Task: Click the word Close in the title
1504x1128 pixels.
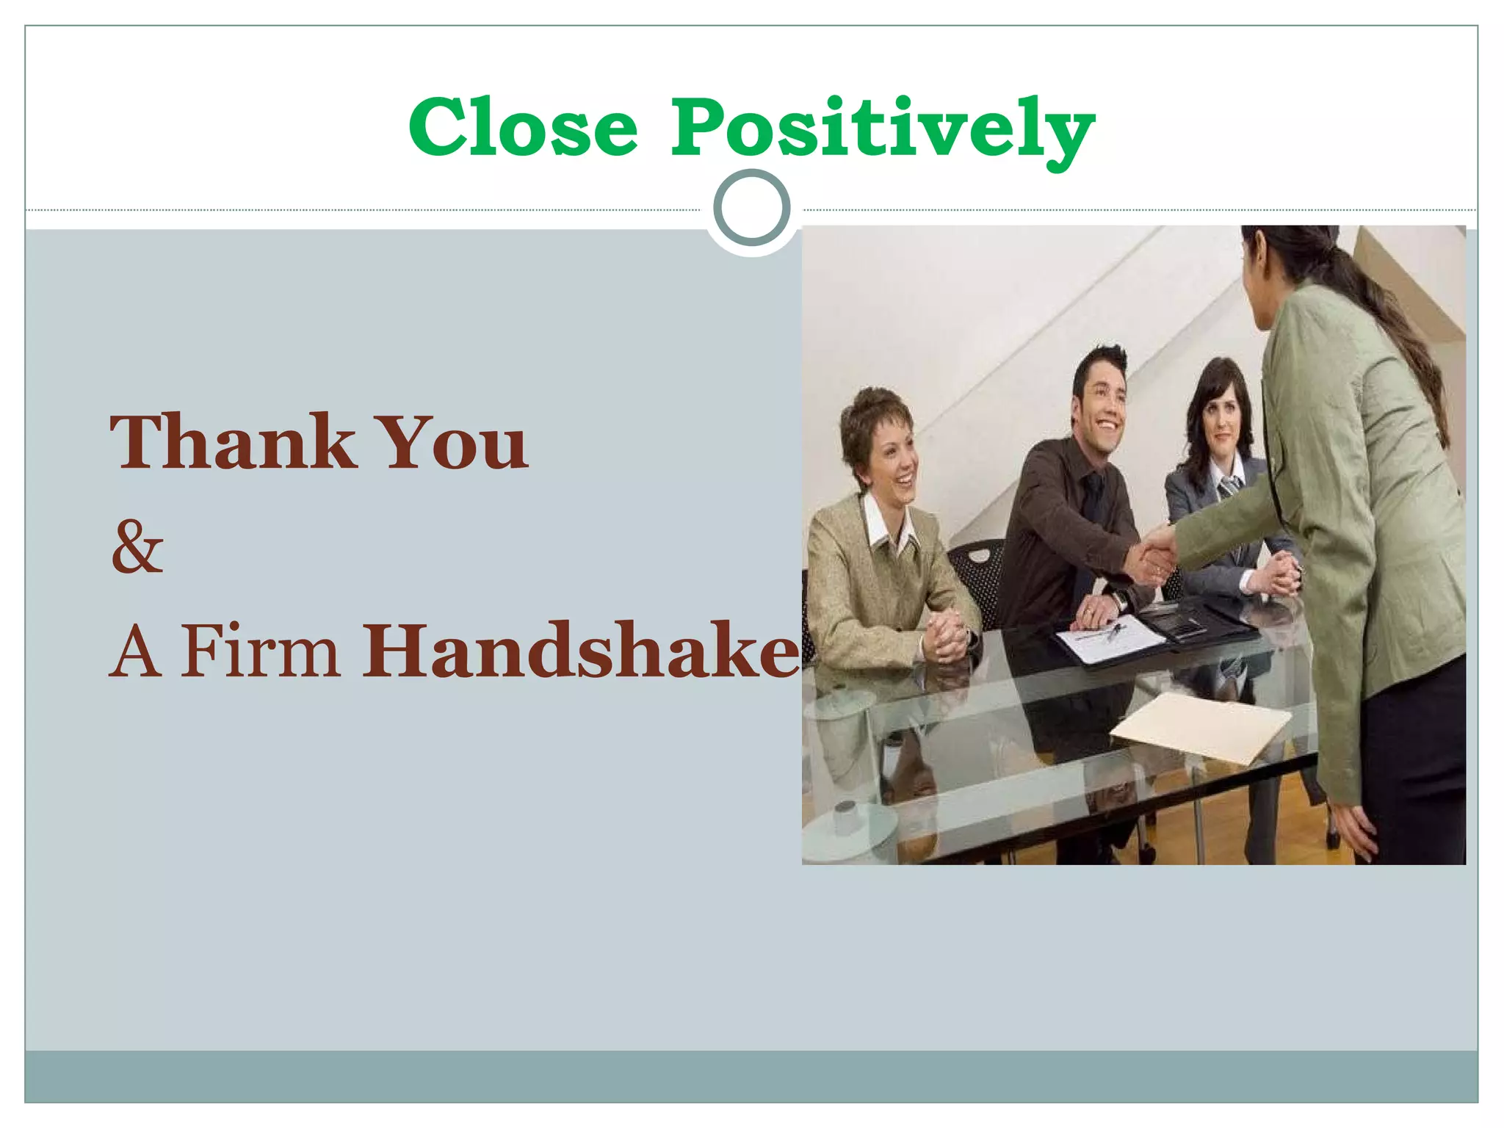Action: coord(523,129)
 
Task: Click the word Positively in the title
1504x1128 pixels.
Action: coord(882,131)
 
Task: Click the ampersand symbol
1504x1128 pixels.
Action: coord(137,546)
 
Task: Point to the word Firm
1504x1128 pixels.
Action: coord(261,651)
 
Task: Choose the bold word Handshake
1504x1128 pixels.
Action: coord(581,651)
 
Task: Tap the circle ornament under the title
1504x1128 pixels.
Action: coord(751,208)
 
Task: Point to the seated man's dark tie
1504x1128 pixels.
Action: coord(1094,499)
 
